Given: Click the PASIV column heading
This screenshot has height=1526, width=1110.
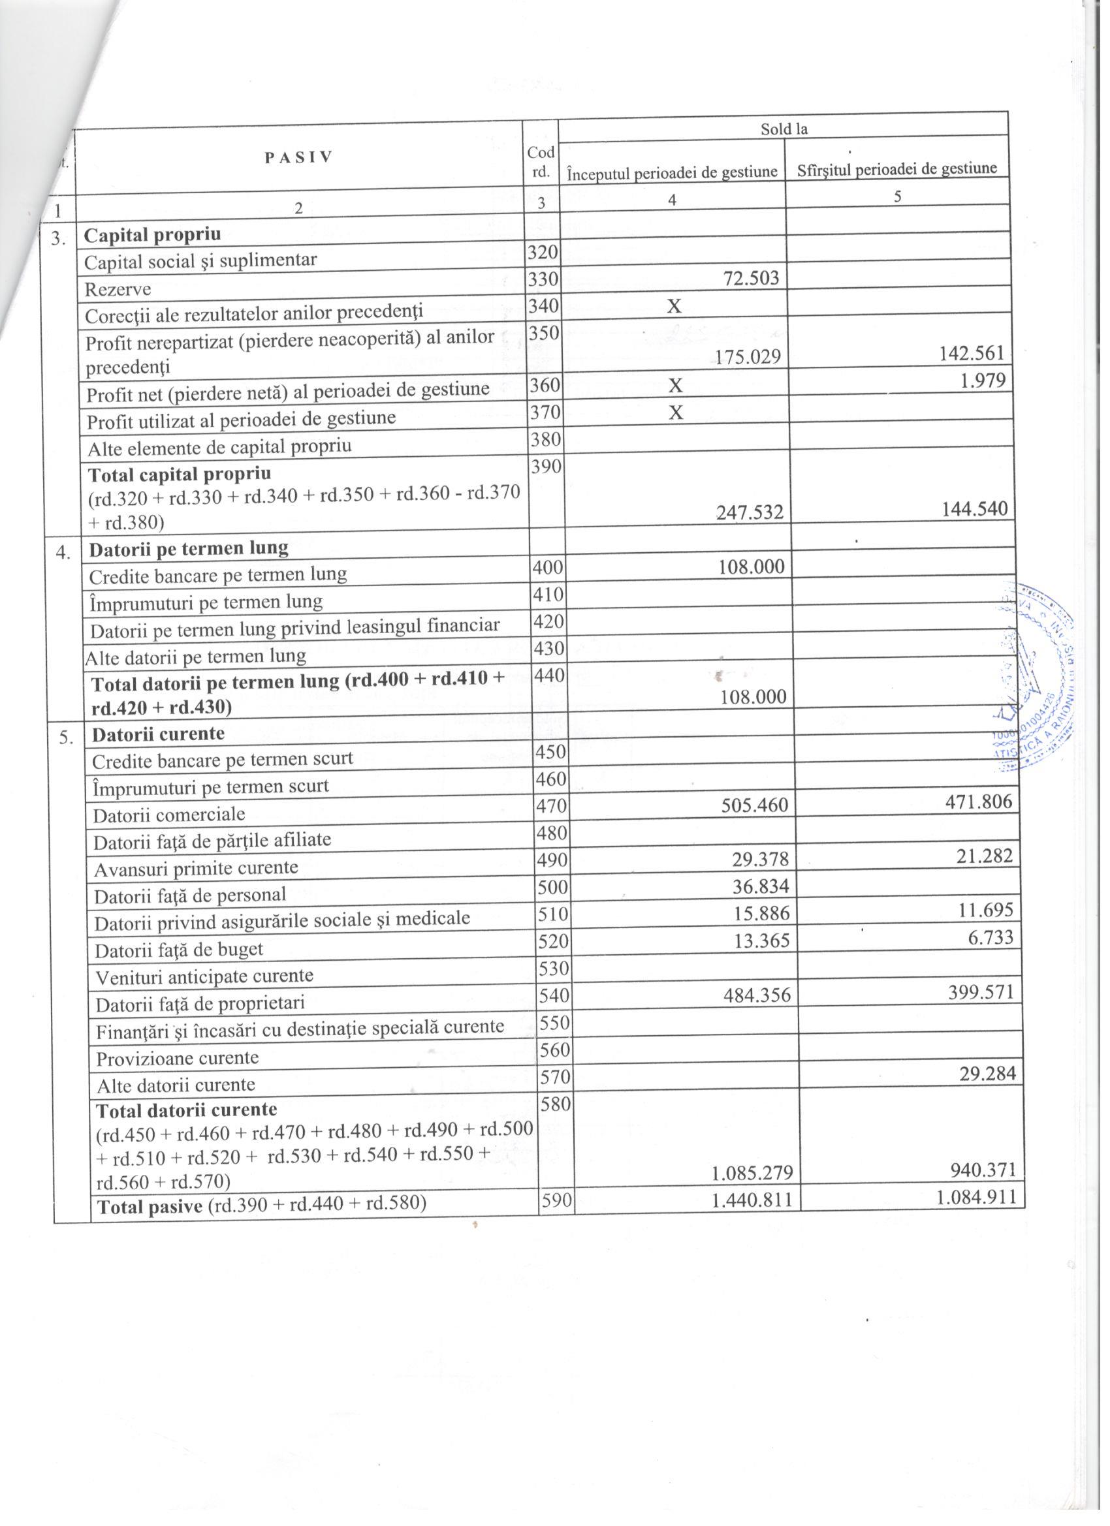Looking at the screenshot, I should click(x=298, y=157).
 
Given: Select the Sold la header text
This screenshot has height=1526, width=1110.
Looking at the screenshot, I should click(x=784, y=129).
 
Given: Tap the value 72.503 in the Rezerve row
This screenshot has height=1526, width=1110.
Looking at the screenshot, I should click(x=750, y=278).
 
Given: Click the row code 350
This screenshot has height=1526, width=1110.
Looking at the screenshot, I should click(x=543, y=332).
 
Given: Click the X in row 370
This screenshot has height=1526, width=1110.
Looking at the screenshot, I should click(x=675, y=413).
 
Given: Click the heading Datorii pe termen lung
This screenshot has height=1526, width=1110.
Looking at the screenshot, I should click(x=189, y=548).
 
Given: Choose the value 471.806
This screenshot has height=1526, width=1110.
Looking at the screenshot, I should click(x=979, y=801).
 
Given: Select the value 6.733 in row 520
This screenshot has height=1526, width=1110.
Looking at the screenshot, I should click(x=990, y=937).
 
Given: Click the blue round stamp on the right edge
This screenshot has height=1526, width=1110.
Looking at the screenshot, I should click(x=1040, y=673).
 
